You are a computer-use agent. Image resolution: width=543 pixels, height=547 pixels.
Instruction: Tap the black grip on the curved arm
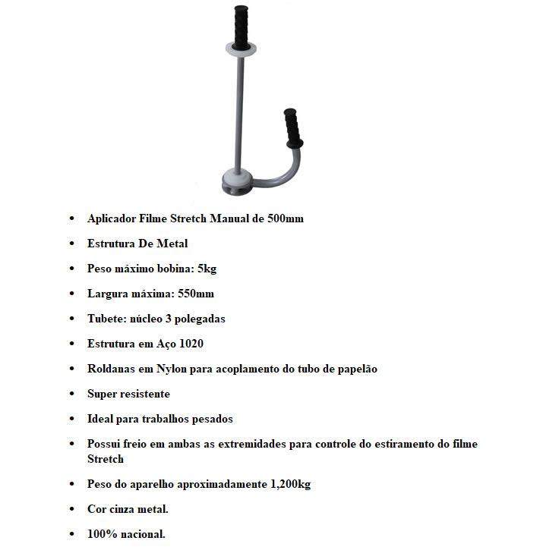[x=292, y=127]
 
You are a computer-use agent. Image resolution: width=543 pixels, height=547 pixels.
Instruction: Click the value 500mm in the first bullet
[x=286, y=218]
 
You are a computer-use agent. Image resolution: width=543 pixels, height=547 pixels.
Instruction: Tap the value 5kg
[x=207, y=269]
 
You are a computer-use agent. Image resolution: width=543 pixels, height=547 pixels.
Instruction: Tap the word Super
[x=103, y=394]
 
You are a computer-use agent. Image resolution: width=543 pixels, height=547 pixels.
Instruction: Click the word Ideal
[x=101, y=419]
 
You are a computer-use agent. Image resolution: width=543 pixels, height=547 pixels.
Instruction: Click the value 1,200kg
[x=286, y=484]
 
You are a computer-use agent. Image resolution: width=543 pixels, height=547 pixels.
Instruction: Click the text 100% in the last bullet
[x=101, y=534]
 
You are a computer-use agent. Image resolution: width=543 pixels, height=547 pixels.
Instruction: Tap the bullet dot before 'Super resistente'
[x=72, y=395]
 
